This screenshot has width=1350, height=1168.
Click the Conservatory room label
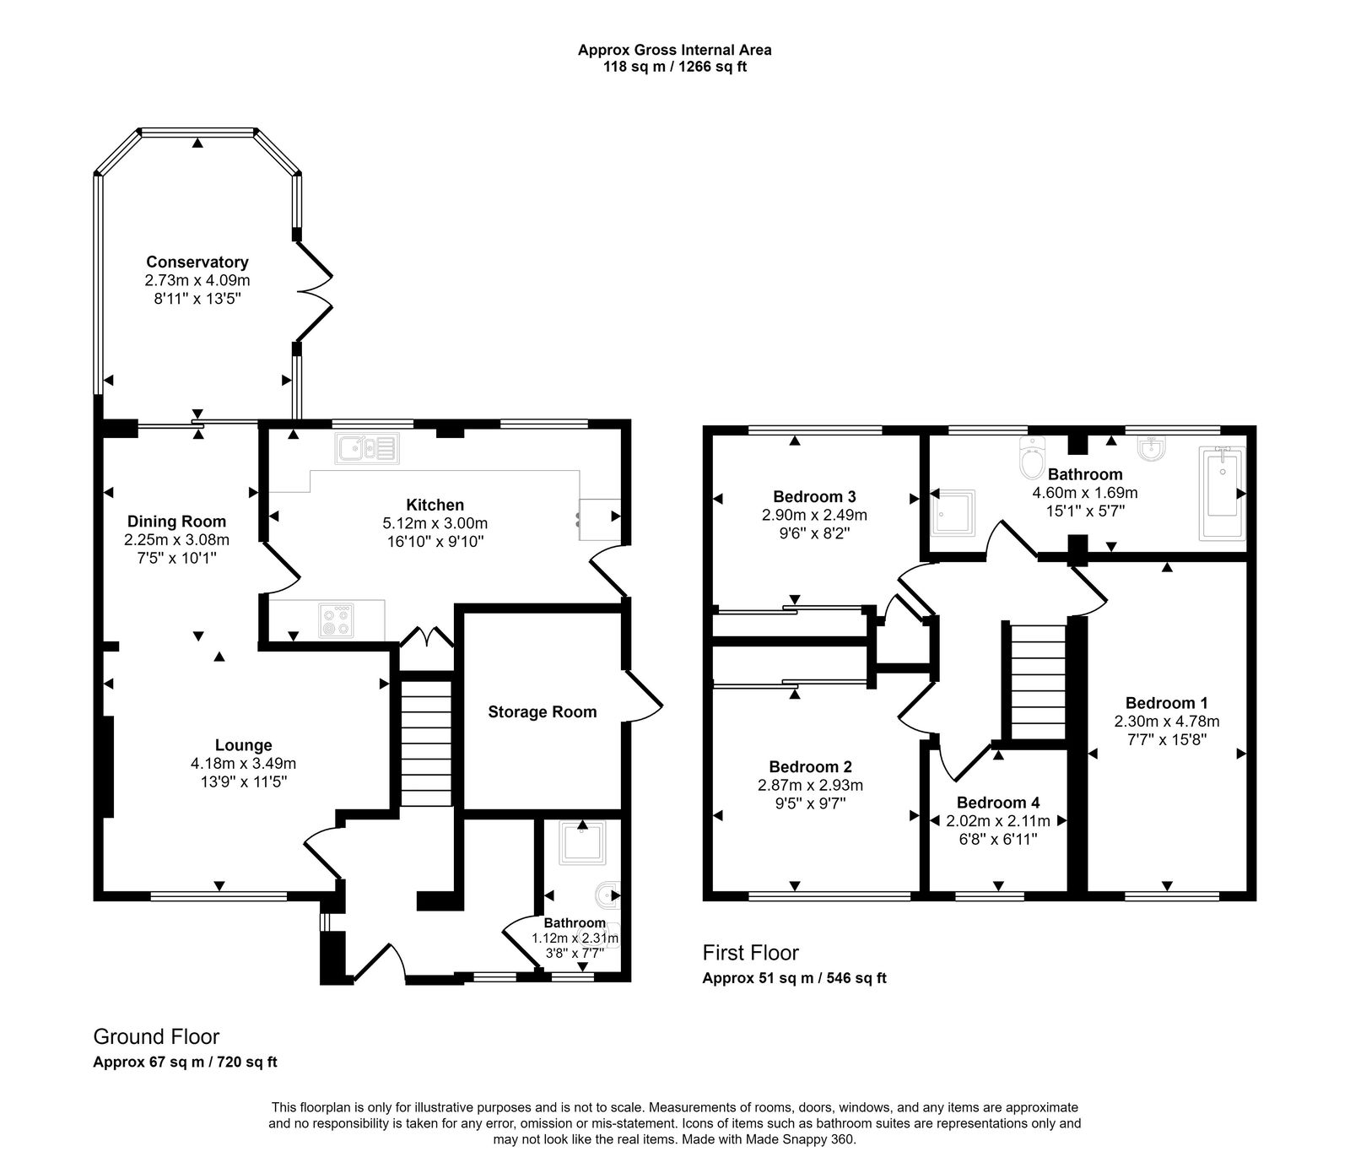pos(197,262)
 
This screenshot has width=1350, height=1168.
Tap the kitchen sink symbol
pos(368,448)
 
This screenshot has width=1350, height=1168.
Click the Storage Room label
pos(542,712)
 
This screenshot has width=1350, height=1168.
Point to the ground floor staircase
pos(426,743)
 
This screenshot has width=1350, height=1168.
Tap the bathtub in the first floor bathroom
pos(1221,494)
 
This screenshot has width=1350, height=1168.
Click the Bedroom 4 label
pos(998,803)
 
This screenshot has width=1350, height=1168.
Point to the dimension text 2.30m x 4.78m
pos(1167,722)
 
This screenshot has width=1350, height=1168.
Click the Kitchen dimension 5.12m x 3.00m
pos(435,523)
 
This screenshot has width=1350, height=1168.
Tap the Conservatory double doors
pos(314,291)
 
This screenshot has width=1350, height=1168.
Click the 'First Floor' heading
pos(751,953)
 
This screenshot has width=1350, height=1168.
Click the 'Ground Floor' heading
pos(156,1036)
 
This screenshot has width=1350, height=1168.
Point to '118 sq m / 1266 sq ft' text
pos(674,67)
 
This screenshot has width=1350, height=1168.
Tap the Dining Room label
pos(177,522)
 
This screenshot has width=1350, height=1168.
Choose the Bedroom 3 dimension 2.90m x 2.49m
pos(814,515)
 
